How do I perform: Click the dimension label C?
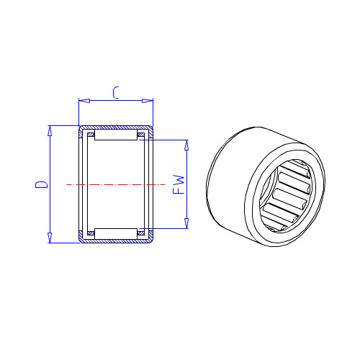(116, 93)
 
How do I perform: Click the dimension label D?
(42, 184)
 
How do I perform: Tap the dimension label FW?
(179, 184)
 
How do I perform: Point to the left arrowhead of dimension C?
(84, 101)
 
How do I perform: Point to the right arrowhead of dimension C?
(148, 101)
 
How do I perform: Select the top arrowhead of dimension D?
(50, 131)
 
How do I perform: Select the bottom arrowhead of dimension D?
(50, 238)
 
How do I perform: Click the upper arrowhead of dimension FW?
(186, 145)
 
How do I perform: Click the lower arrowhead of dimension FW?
(186, 223)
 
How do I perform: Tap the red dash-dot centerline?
(116, 184)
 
